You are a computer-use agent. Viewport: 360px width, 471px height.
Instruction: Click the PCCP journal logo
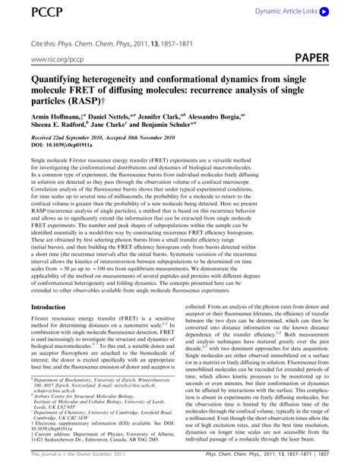25,11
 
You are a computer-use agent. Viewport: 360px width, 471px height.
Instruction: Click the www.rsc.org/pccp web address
55,58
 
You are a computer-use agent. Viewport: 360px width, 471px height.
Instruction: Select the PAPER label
327,58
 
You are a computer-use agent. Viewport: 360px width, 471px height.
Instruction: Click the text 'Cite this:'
46,40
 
